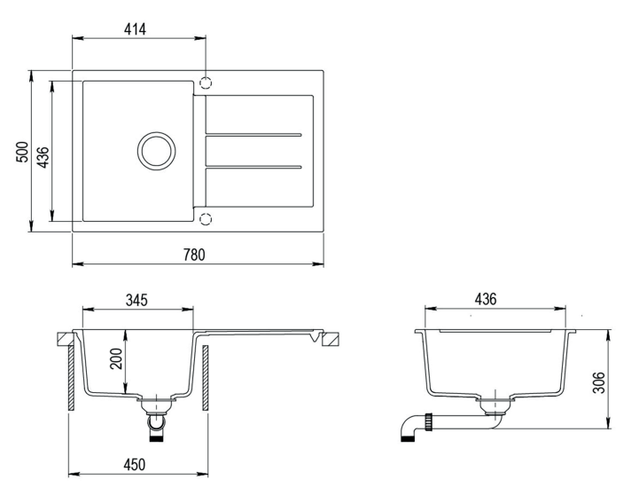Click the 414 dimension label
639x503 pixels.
135,29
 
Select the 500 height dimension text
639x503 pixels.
23,152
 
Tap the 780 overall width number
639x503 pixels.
194,255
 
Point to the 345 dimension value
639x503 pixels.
136,300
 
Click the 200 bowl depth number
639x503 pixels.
117,358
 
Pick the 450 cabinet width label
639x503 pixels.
134,464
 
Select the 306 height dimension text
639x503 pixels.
598,382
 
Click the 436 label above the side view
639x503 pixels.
486,299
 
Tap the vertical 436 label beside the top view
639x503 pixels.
43,157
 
